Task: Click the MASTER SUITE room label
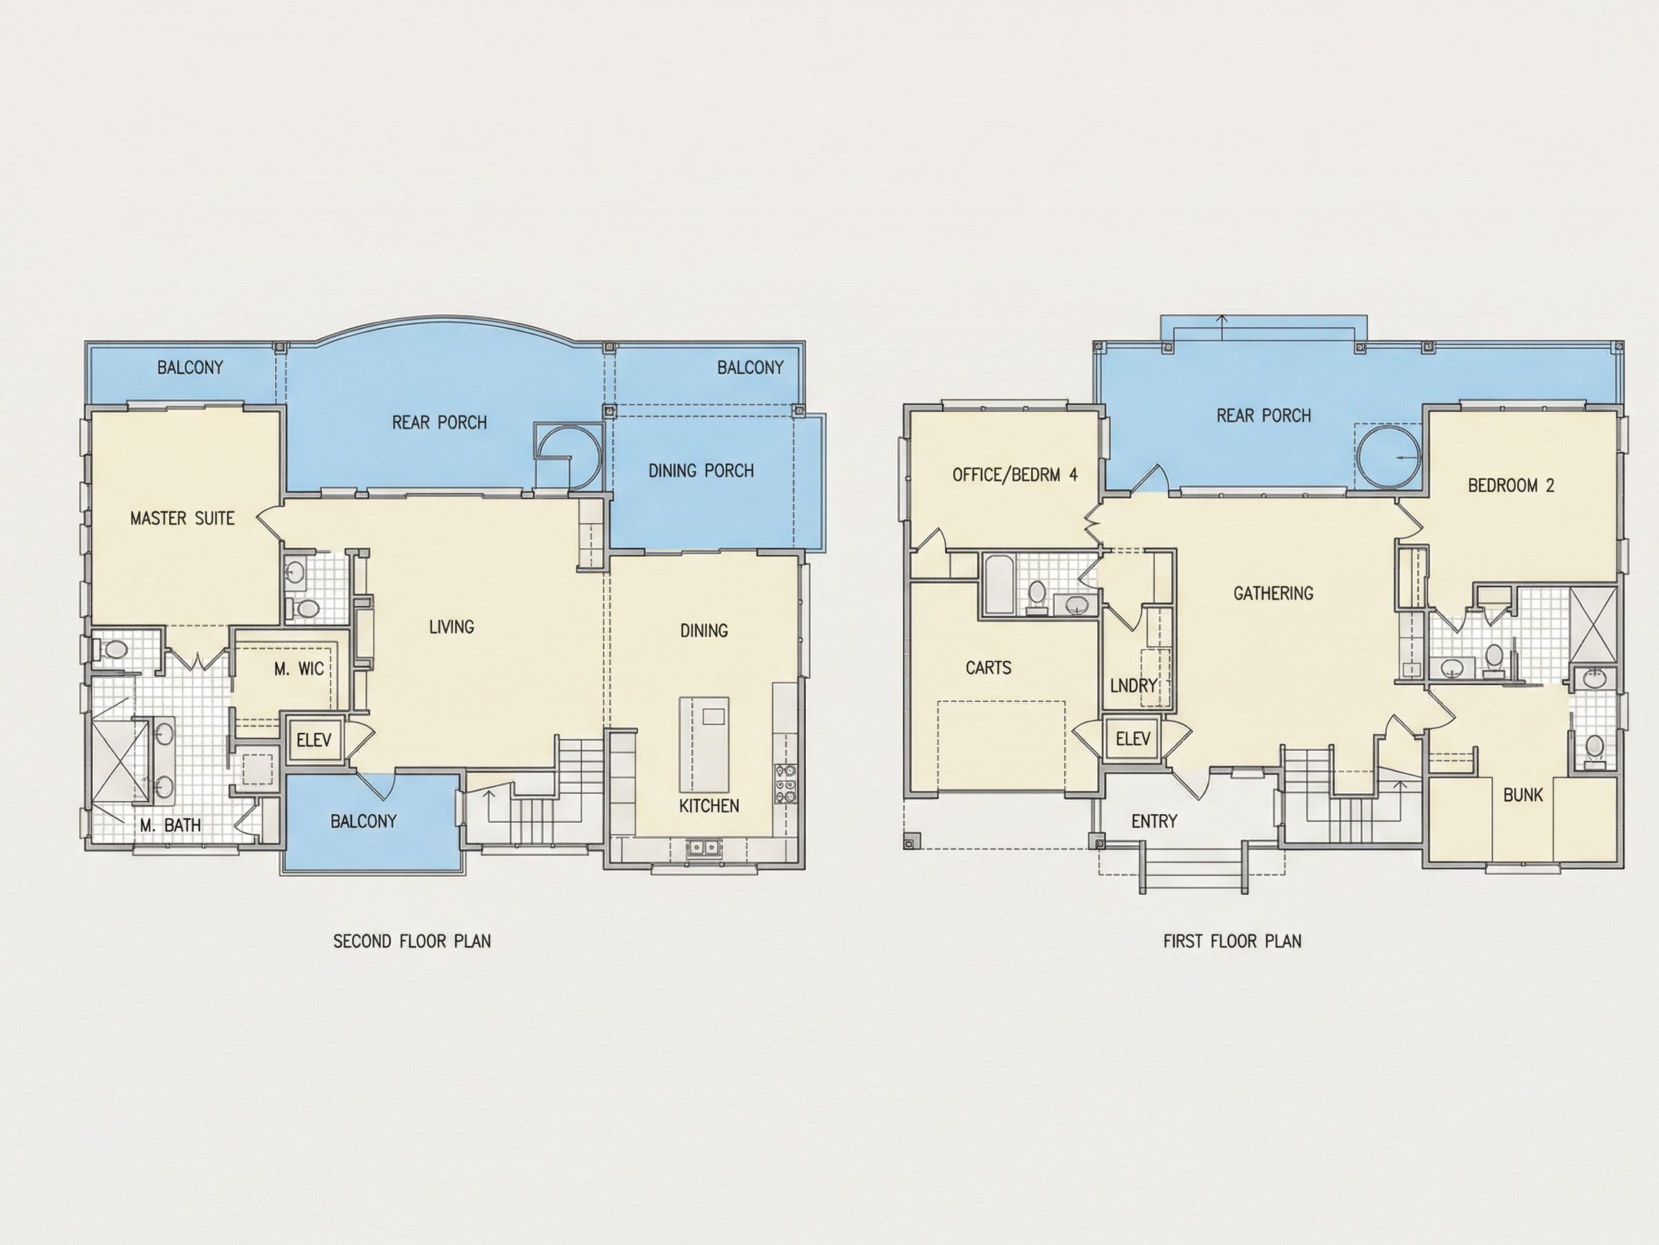pyautogui.click(x=182, y=518)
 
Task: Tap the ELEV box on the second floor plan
pyautogui.click(x=313, y=740)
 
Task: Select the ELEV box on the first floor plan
pyautogui.click(x=1133, y=739)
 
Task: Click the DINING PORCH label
pyautogui.click(x=701, y=470)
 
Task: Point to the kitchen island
pyautogui.click(x=704, y=744)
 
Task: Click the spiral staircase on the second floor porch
pyautogui.click(x=570, y=456)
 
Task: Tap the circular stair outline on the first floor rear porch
pyautogui.click(x=1388, y=456)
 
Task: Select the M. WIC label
pyautogui.click(x=300, y=669)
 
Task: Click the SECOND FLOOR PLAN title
pyautogui.click(x=412, y=941)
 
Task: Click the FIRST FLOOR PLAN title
pyautogui.click(x=1232, y=941)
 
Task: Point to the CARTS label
pyautogui.click(x=989, y=667)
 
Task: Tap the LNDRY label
pyautogui.click(x=1134, y=685)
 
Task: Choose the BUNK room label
pyautogui.click(x=1523, y=795)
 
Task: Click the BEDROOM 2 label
pyautogui.click(x=1511, y=486)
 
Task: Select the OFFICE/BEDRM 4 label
pyautogui.click(x=1015, y=474)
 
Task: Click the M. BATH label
pyautogui.click(x=170, y=826)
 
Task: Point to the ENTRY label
pyautogui.click(x=1154, y=822)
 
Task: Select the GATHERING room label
pyautogui.click(x=1274, y=593)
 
